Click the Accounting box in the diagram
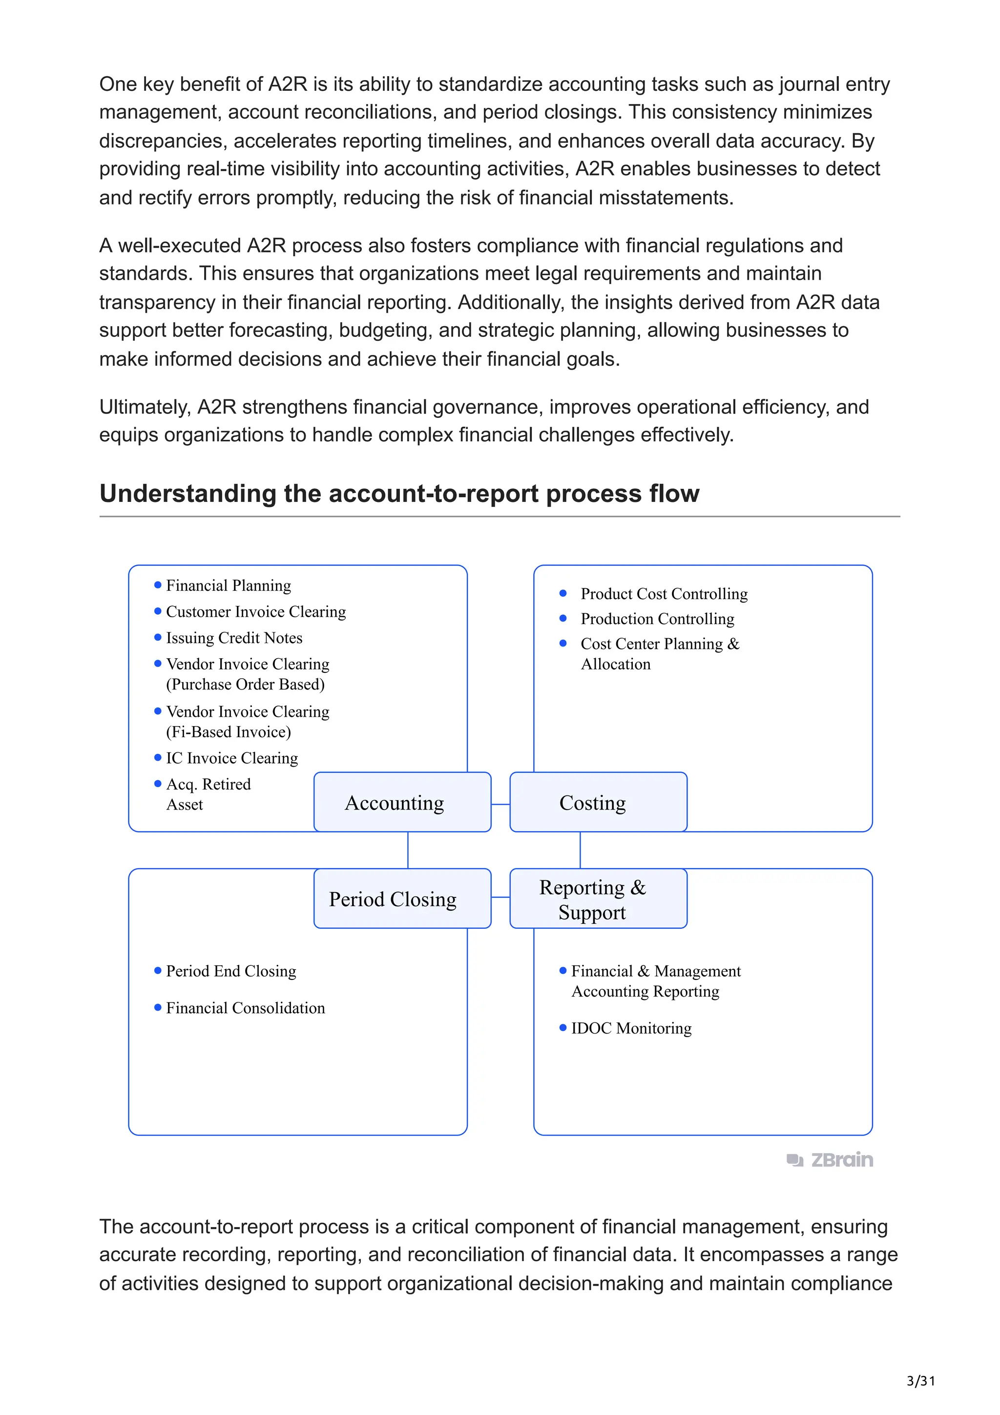(x=402, y=802)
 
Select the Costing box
(x=598, y=802)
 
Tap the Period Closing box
(x=402, y=898)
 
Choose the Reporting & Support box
(x=598, y=898)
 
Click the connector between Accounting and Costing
(x=500, y=804)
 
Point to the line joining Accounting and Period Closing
(x=408, y=850)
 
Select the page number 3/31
(x=920, y=1381)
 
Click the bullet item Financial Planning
(x=228, y=585)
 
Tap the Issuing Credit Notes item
(x=234, y=638)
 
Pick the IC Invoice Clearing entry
(x=231, y=758)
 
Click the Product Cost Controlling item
(x=664, y=593)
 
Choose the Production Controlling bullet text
(x=657, y=619)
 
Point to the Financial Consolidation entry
(x=245, y=1008)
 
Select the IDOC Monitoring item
(x=631, y=1029)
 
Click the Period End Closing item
(x=231, y=971)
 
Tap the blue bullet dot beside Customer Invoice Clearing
(x=158, y=611)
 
